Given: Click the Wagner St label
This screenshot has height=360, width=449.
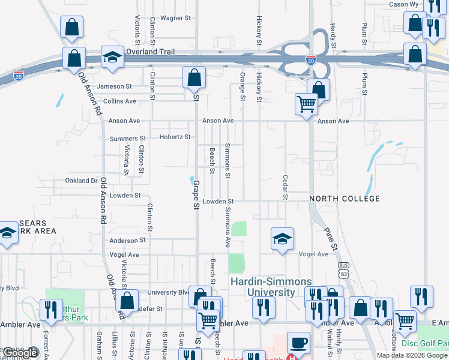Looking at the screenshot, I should click(175, 18).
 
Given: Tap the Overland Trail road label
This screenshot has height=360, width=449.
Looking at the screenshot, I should click(150, 52).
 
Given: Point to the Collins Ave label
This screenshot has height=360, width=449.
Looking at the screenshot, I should click(119, 101).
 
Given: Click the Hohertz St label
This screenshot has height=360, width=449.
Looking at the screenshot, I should click(175, 137).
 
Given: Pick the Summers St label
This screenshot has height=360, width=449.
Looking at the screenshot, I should click(124, 139).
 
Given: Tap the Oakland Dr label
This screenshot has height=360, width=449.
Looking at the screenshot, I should click(82, 181).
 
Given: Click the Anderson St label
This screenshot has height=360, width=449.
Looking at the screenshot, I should click(128, 240).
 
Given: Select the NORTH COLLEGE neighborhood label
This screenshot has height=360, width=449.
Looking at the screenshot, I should click(345, 199).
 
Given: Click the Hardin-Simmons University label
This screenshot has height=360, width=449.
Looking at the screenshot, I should click(264, 287).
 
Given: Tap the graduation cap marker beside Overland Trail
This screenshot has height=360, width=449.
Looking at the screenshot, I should click(111, 57).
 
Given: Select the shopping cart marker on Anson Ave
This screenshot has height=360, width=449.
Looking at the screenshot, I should click(306, 104).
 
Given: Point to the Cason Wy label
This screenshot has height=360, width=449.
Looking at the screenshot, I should click(404, 4).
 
